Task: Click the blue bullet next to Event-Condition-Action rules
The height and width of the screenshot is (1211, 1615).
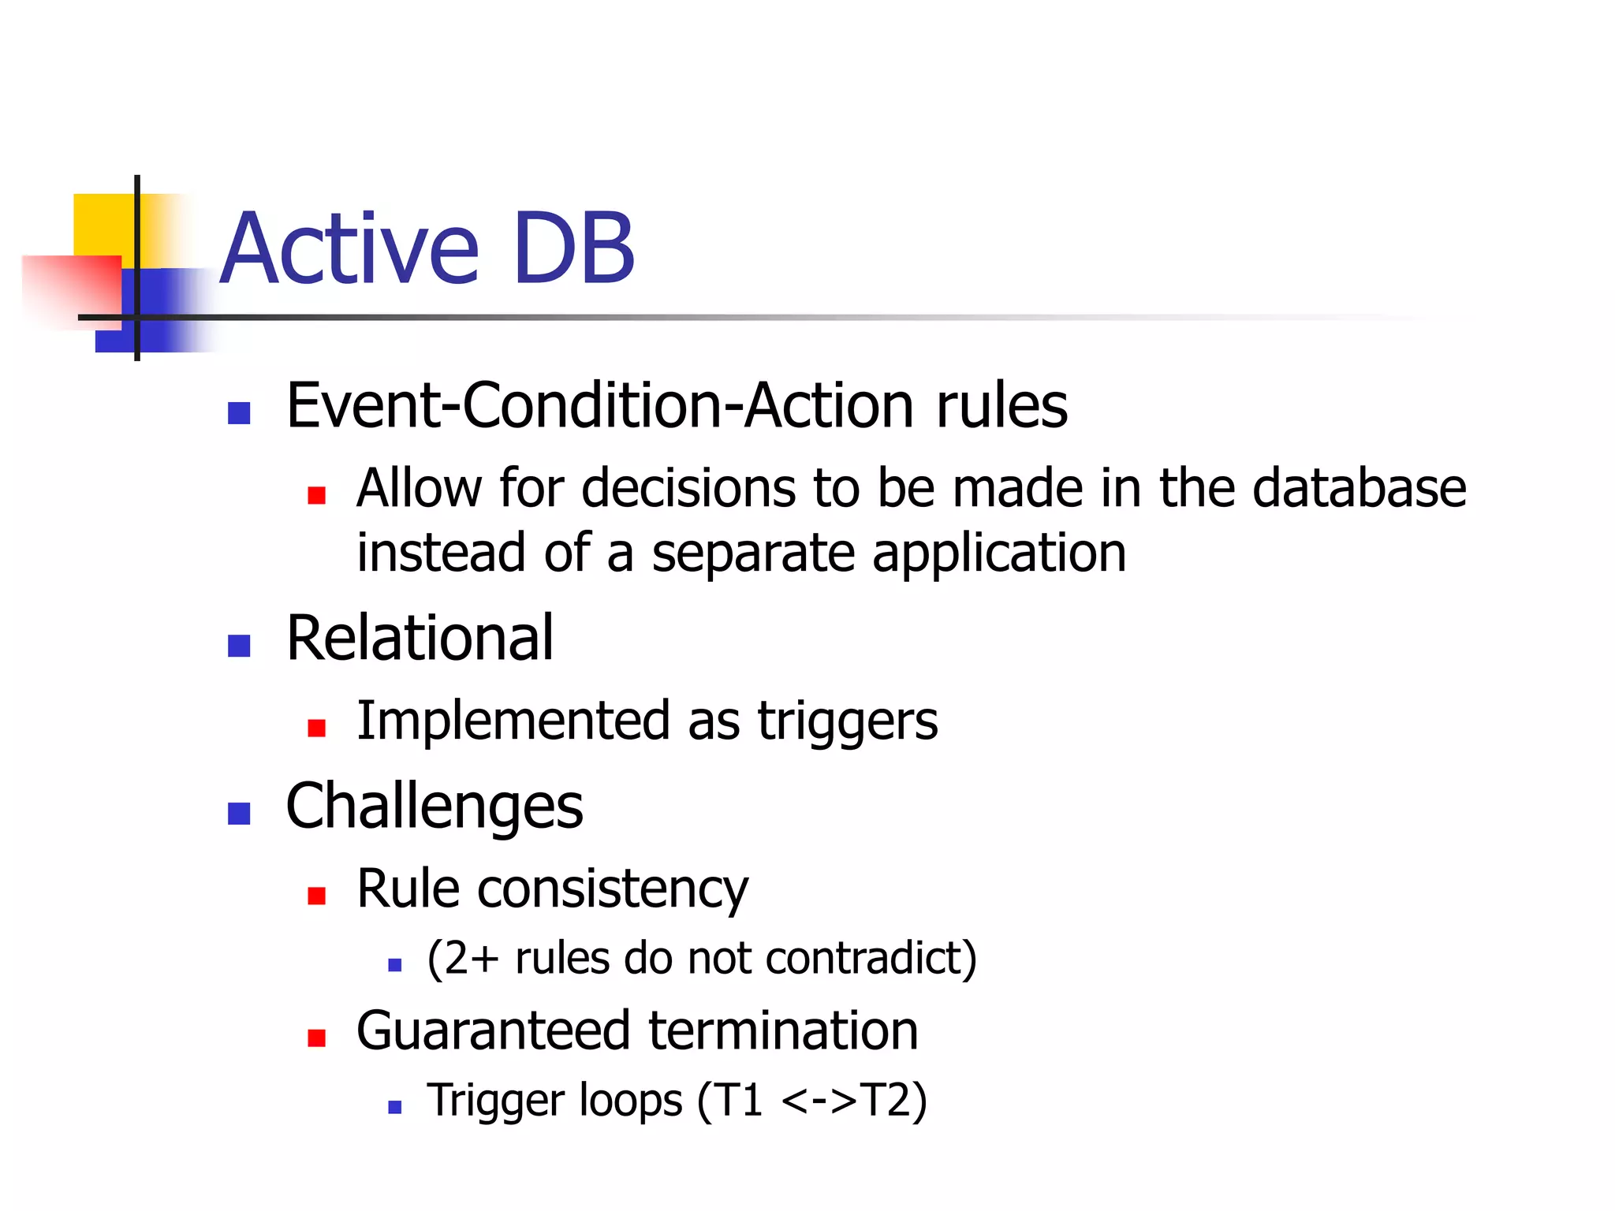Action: (x=239, y=412)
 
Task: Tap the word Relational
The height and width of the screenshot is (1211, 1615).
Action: (x=420, y=638)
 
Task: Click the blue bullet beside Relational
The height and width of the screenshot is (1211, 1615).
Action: (x=239, y=646)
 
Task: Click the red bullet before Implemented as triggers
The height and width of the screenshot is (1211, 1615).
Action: (x=317, y=727)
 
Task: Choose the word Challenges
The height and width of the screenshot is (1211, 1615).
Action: (x=435, y=807)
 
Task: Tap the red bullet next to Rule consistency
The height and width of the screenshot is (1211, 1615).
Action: (x=317, y=896)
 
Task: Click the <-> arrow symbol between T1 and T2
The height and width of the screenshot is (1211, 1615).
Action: (x=819, y=1101)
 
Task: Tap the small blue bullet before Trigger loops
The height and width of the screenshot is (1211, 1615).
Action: (x=395, y=1107)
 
